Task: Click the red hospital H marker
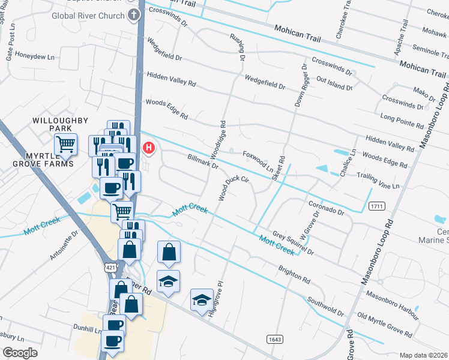click(147, 146)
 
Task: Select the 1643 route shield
click(274, 339)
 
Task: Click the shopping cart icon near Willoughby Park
click(65, 144)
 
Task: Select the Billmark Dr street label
click(202, 161)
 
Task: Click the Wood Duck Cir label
click(233, 187)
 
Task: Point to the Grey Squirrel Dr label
click(294, 244)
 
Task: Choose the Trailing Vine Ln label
click(378, 180)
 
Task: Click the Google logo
click(20, 353)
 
